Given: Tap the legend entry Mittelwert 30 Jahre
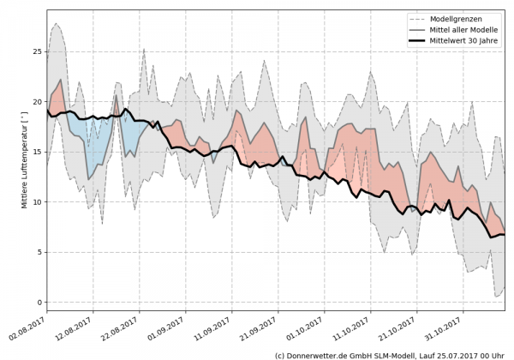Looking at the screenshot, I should [x=469, y=40].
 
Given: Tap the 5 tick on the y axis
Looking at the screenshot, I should [x=39, y=252].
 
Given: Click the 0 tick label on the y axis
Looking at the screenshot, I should [x=39, y=303].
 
